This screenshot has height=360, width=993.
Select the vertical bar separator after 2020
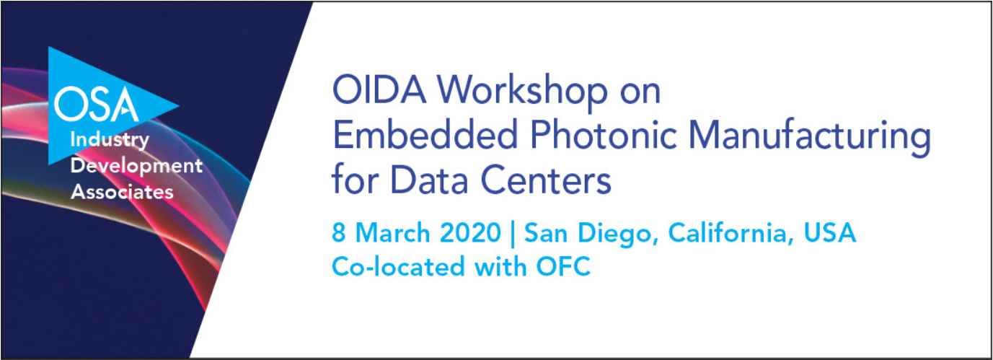[x=512, y=234]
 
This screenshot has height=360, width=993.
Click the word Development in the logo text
[x=136, y=166]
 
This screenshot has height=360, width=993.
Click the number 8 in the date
[x=338, y=234]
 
